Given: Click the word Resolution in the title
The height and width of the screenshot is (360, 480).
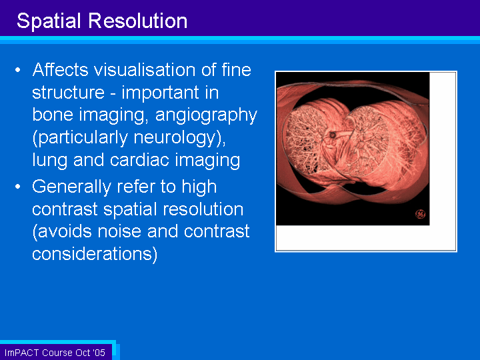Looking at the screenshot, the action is (x=138, y=21).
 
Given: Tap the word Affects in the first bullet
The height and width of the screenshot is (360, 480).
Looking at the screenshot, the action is (x=61, y=69).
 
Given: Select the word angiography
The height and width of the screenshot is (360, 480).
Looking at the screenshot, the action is (x=206, y=116).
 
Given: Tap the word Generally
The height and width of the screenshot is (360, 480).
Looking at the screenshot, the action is (x=71, y=187).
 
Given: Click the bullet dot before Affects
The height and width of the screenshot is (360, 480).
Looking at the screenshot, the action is (x=18, y=70).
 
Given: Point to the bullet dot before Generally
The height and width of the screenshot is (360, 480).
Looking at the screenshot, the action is (x=18, y=187).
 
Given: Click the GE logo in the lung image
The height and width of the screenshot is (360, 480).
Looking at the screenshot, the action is (x=420, y=214).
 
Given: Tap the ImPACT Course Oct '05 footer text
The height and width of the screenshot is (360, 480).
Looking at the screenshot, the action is (x=55, y=353).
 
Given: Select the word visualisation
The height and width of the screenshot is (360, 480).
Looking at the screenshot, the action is (x=145, y=69).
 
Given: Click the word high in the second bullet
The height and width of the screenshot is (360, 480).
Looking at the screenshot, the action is (x=199, y=187).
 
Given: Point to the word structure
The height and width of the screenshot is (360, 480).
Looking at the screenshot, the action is (x=68, y=93).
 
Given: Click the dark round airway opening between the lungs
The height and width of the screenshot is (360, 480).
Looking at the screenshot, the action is (x=333, y=135).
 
